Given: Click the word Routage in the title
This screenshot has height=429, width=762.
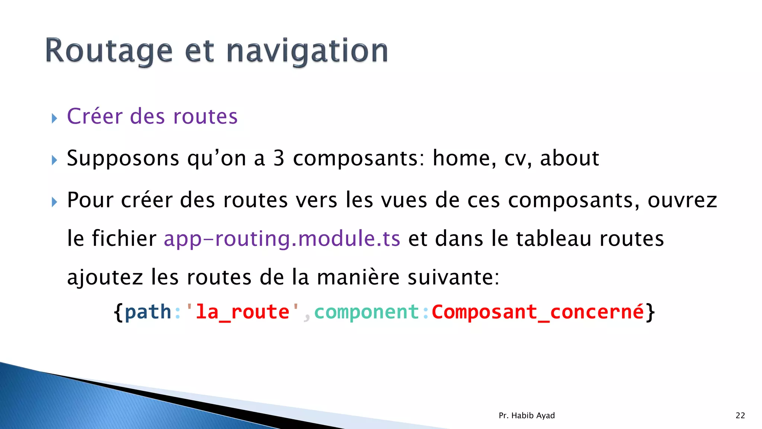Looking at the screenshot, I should pyautogui.click(x=109, y=51).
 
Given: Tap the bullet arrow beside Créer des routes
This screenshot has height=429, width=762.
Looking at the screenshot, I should pyautogui.click(x=55, y=119).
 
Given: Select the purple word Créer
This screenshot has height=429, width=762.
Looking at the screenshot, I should pyautogui.click(x=95, y=116).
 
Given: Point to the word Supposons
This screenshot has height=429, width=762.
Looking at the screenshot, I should pyautogui.click(x=123, y=159).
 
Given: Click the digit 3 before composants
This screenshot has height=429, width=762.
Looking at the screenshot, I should pyautogui.click(x=279, y=158).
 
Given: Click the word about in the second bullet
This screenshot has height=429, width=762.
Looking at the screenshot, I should pyautogui.click(x=569, y=158).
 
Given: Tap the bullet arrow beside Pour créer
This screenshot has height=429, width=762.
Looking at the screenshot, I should pyautogui.click(x=55, y=203).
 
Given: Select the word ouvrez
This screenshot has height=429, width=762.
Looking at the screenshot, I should pyautogui.click(x=682, y=200).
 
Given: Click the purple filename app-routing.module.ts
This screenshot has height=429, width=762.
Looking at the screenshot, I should pyautogui.click(x=282, y=239).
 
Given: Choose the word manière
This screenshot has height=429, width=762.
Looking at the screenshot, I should pyautogui.click(x=358, y=277).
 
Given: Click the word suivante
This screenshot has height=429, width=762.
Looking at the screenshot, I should pyautogui.click(x=453, y=277).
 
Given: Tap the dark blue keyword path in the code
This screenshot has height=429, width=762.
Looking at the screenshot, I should pyautogui.click(x=148, y=312).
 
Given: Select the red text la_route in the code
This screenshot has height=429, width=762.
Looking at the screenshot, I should pyautogui.click(x=242, y=312).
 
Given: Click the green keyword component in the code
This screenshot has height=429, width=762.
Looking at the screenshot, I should pyautogui.click(x=367, y=312).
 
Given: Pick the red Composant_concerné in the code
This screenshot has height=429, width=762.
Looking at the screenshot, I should pyautogui.click(x=538, y=312).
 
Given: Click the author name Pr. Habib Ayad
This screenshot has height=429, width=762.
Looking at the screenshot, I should pyautogui.click(x=526, y=416).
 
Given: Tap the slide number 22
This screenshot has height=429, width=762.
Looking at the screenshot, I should pyautogui.click(x=740, y=416).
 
